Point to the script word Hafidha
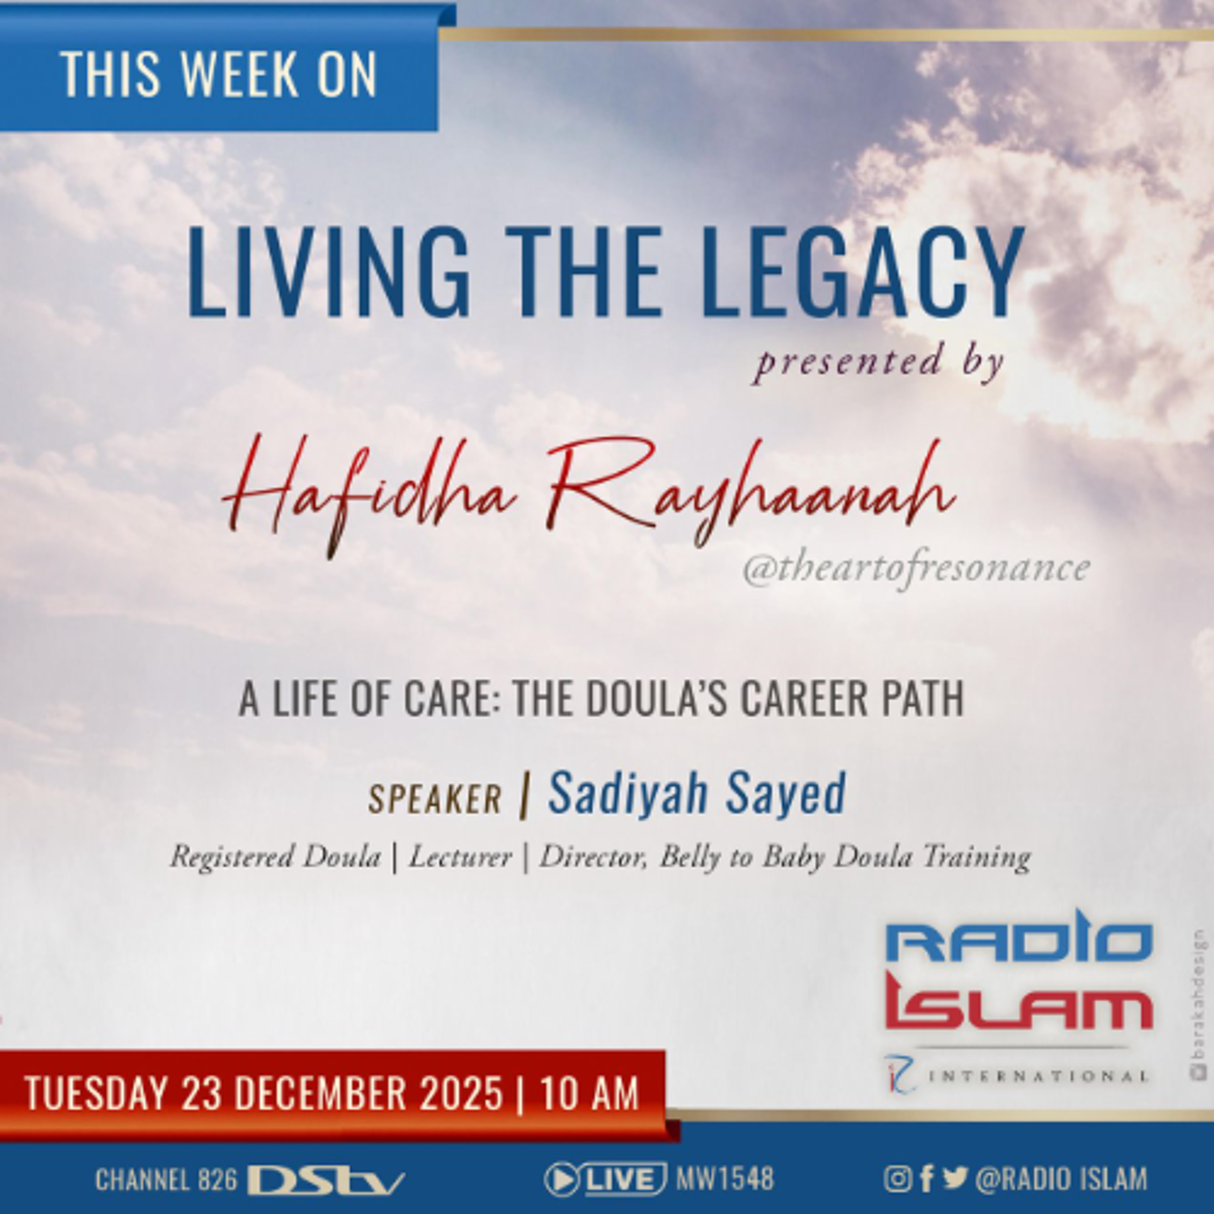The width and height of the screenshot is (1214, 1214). pos(370,497)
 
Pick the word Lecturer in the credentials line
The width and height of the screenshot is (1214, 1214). pos(461,857)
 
